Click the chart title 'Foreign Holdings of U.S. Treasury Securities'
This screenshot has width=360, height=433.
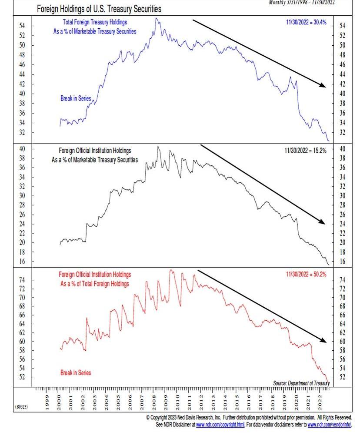coord(99,9)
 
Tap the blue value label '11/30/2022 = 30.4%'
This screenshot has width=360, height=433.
coord(306,22)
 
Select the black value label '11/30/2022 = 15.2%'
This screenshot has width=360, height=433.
coord(305,151)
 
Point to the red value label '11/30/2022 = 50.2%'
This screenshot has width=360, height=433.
coord(306,274)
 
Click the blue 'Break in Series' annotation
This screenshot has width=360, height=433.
coord(76,99)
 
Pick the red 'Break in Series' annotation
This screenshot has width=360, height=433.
coord(76,373)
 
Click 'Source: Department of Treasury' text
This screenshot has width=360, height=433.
coord(301,383)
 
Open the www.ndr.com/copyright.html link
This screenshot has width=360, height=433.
coord(220,425)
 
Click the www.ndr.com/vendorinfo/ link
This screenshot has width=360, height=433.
coord(330,425)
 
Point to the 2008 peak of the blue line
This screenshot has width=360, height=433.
coord(156,18)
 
